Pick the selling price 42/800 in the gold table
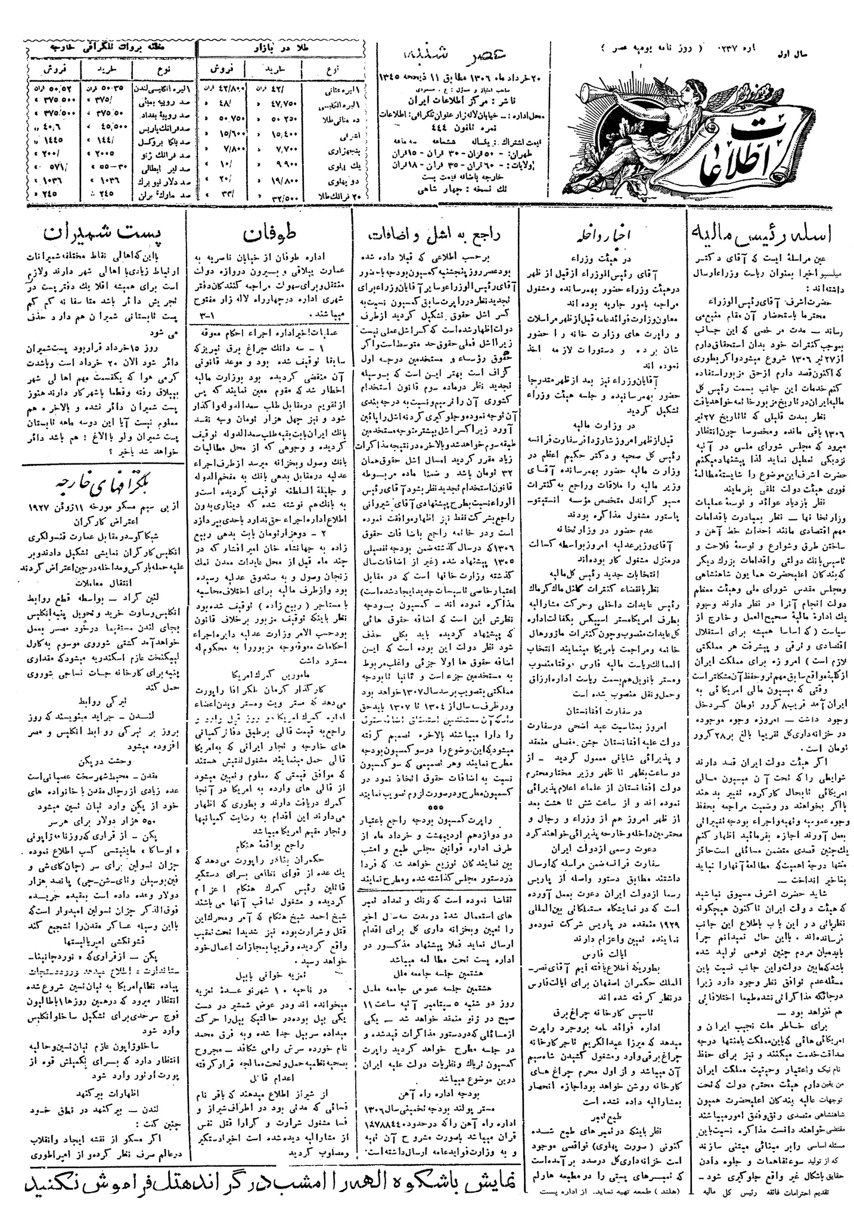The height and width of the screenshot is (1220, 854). tap(219, 89)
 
